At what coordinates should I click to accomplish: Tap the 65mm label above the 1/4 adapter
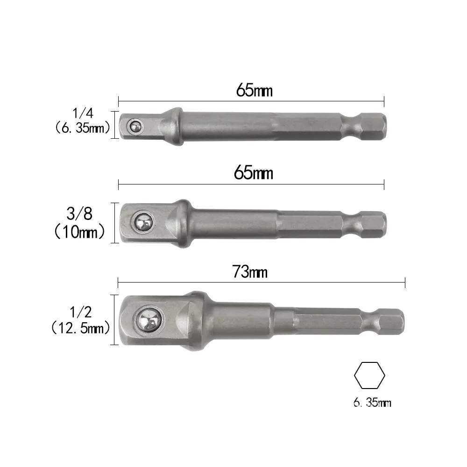254,90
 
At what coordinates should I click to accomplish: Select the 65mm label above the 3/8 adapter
254,173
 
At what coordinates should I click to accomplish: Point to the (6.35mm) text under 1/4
82,127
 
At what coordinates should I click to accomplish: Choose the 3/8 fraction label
80,214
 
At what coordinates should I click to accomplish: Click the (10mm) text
80,231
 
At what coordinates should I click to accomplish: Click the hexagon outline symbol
369,376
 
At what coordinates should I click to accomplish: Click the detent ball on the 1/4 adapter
136,125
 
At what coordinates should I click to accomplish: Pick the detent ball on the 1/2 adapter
150,320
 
